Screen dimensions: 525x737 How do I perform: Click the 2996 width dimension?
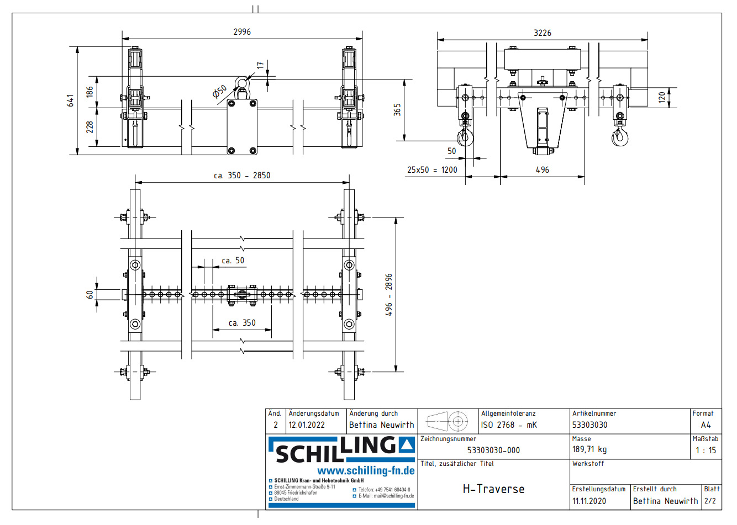pyautogui.click(x=242, y=32)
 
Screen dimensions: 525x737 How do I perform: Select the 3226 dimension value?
pyautogui.click(x=542, y=33)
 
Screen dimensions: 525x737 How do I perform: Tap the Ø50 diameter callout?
pyautogui.click(x=220, y=92)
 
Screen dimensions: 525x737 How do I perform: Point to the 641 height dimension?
pyautogui.click(x=71, y=100)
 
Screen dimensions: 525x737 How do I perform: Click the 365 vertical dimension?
pyautogui.click(x=397, y=109)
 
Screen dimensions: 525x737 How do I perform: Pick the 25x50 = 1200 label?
pyautogui.click(x=432, y=170)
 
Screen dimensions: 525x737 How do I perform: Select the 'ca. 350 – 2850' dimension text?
pyautogui.click(x=242, y=176)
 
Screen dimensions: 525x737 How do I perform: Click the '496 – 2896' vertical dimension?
pyautogui.click(x=389, y=295)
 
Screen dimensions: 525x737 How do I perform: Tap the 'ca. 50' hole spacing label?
pyautogui.click(x=233, y=261)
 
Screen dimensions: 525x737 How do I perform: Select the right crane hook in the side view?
pyautogui.click(x=620, y=136)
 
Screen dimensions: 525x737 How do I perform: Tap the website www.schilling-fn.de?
pyautogui.click(x=366, y=471)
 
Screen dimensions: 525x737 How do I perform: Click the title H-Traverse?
pyautogui.click(x=493, y=489)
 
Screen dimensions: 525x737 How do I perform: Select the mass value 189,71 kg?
pyautogui.click(x=589, y=450)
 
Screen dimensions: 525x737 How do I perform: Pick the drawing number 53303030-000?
pyautogui.click(x=493, y=450)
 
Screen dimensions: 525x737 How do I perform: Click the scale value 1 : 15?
pyautogui.click(x=706, y=450)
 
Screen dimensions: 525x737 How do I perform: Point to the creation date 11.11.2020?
pyautogui.click(x=589, y=501)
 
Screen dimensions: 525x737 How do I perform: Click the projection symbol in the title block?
pyautogui.click(x=448, y=422)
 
